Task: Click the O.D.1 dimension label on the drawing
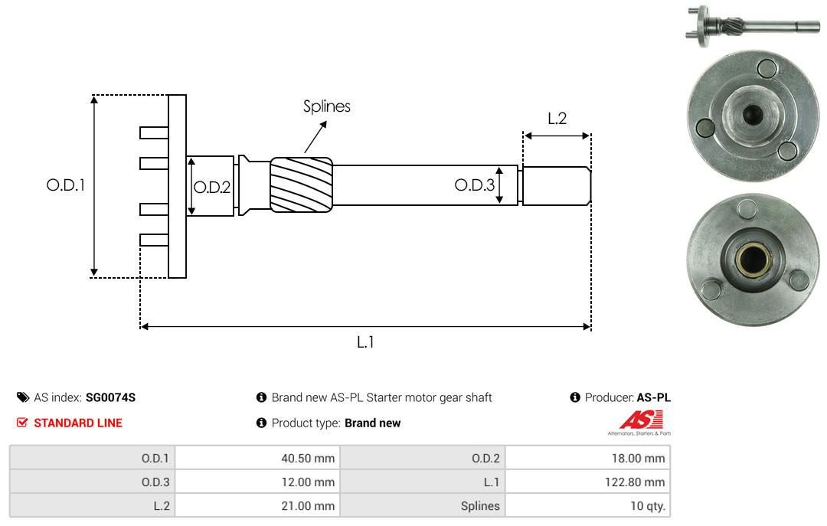65,185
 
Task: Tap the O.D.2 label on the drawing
212,188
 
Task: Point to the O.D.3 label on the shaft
475,185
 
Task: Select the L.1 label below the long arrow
365,342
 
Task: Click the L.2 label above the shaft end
557,118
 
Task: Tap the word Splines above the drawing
326,106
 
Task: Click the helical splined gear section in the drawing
301,185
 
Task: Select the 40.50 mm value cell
257,458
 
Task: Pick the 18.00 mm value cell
587,458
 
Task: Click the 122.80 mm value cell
587,482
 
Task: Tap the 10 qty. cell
587,505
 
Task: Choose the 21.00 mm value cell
257,505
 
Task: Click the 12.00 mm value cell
257,482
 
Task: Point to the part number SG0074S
111,397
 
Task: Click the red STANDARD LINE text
78,423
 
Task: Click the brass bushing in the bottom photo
752,260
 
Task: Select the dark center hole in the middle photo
753,113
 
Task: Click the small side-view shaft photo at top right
753,25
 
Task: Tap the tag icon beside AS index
23,397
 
